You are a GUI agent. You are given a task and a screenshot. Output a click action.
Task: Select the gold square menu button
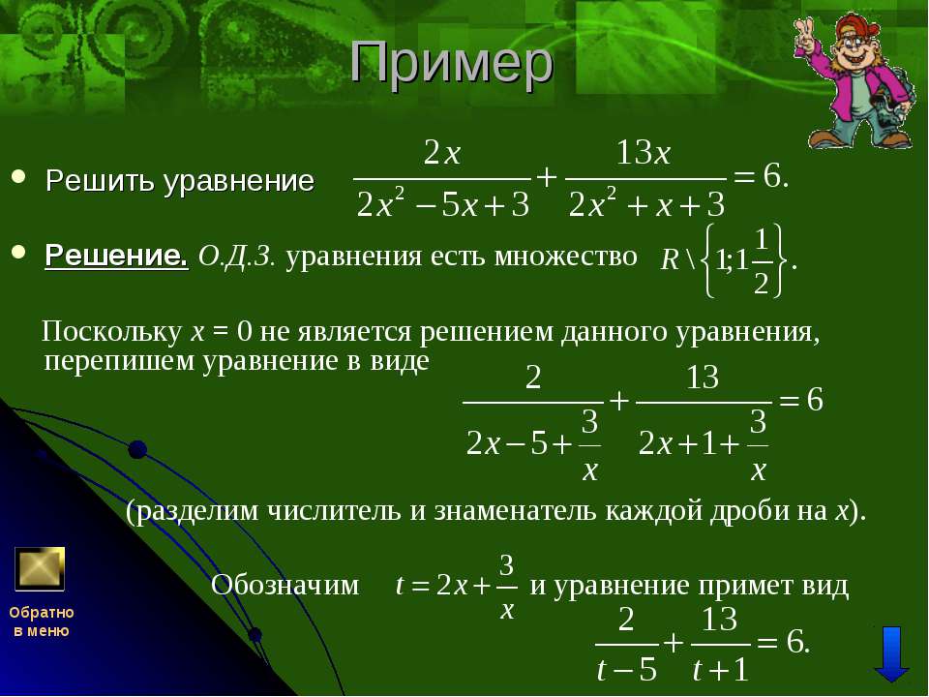pyautogui.click(x=40, y=569)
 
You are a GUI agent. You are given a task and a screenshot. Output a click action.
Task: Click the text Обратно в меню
pyautogui.click(x=42, y=621)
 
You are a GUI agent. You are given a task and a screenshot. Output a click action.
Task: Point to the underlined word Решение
pyautogui.click(x=116, y=256)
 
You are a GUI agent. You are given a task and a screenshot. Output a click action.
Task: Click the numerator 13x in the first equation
pyautogui.click(x=644, y=154)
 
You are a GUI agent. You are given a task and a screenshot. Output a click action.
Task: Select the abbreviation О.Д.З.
pyautogui.click(x=237, y=256)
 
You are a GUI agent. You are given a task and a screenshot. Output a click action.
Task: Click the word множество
pyautogui.click(x=566, y=256)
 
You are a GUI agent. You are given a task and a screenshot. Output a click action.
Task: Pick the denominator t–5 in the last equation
pyautogui.click(x=627, y=670)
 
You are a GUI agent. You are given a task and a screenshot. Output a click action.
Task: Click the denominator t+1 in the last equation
pyautogui.click(x=720, y=670)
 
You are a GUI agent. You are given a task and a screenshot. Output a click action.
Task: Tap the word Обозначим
pyautogui.click(x=285, y=585)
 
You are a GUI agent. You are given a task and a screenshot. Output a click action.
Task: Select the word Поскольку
pyautogui.click(x=112, y=331)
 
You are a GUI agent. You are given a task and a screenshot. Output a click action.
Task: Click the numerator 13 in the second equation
pyautogui.click(x=703, y=378)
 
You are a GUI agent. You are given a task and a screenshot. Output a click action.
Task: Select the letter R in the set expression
pyautogui.click(x=670, y=259)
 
